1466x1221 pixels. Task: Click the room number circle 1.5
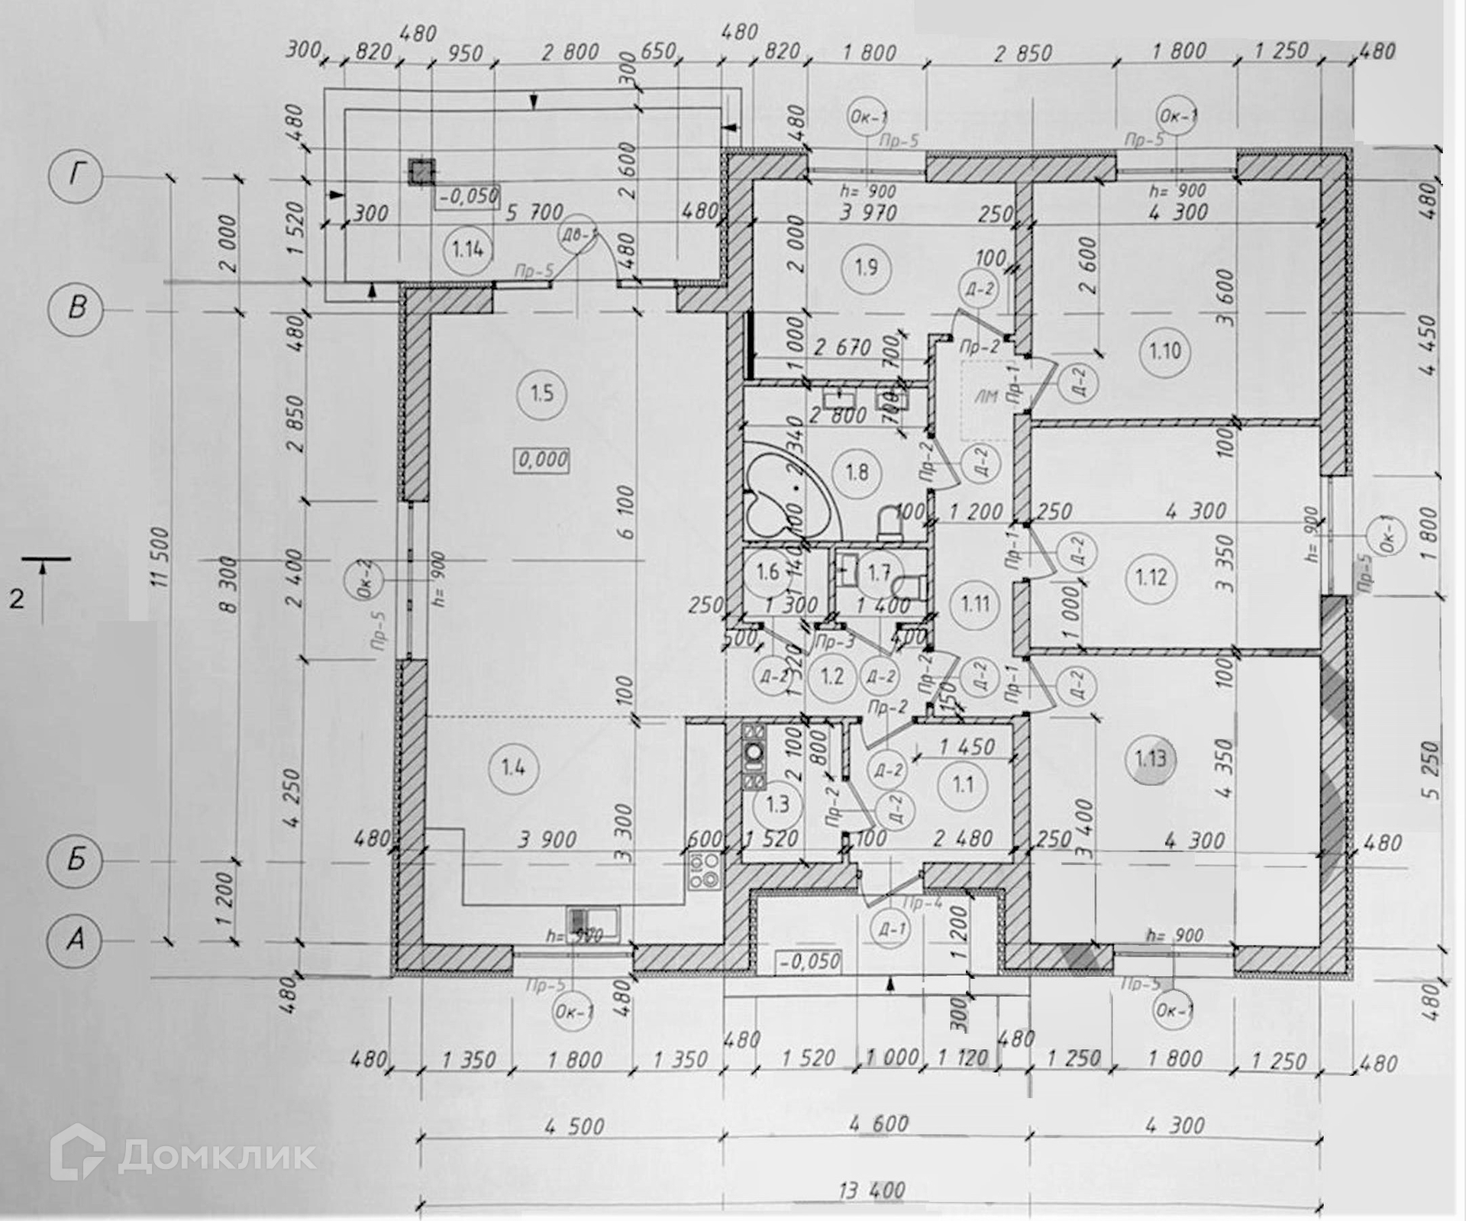coord(541,394)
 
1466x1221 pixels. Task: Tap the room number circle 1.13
coord(1151,759)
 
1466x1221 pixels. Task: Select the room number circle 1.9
coord(866,267)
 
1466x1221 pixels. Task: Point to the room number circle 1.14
coord(467,249)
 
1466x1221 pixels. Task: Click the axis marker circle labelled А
coord(75,939)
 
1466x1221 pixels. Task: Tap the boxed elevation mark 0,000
coord(543,460)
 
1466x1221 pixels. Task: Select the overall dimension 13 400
coord(871,1190)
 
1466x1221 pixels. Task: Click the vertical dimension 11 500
coord(160,557)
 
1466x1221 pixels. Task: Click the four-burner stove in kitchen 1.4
coord(706,871)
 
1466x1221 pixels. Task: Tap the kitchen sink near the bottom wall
coord(593,920)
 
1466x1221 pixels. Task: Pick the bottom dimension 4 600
coord(878,1124)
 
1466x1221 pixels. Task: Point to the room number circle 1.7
coord(879,572)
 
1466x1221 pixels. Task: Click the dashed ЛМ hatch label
coord(986,396)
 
